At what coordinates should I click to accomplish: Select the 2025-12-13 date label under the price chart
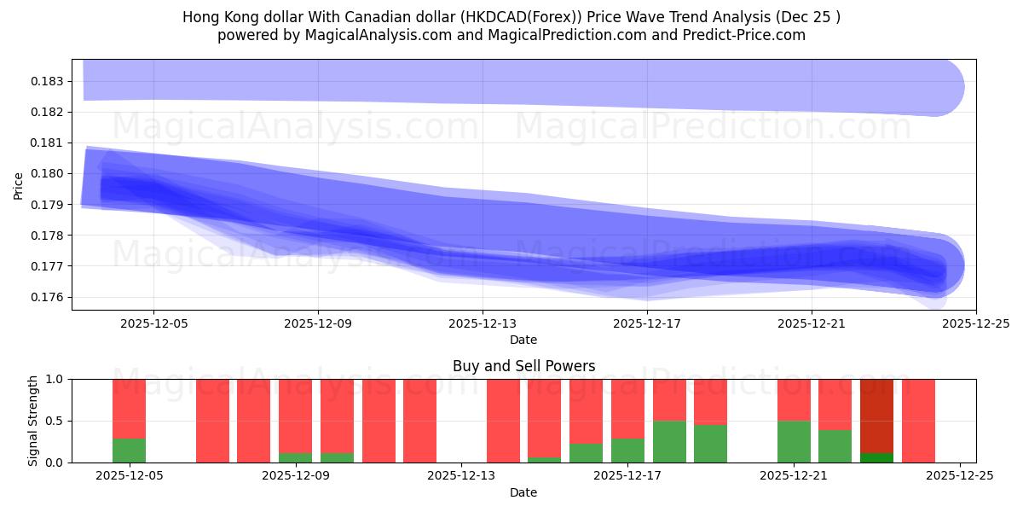483,323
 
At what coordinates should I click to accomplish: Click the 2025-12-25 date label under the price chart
975,323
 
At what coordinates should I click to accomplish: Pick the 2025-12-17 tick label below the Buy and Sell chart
627,476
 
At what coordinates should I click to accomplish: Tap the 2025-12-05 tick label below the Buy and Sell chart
129,476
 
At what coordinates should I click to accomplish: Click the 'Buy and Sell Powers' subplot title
523,367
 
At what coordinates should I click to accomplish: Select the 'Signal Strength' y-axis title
32,421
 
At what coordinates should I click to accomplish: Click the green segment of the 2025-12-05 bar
129,451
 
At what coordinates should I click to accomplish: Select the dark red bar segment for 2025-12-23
876,415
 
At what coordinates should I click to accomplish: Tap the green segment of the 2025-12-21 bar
794,441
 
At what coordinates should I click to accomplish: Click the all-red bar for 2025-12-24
918,421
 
